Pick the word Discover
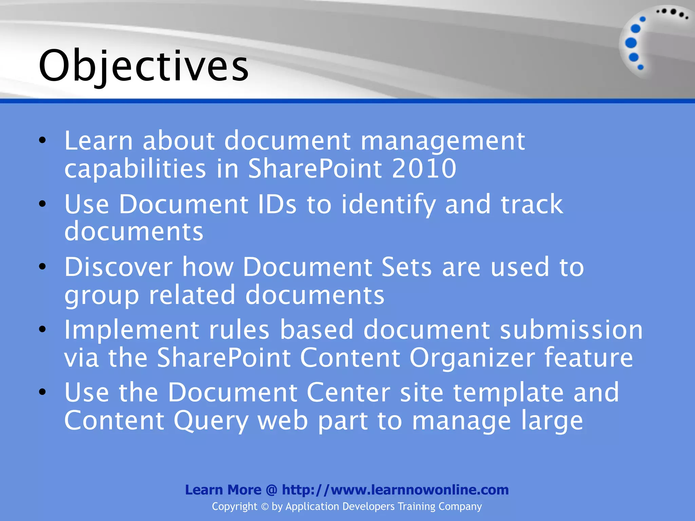click(118, 267)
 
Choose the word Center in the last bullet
click(348, 392)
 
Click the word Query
click(211, 421)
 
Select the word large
click(552, 421)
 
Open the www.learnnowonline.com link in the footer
click(395, 490)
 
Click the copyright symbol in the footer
click(265, 507)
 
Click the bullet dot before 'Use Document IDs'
click(42, 204)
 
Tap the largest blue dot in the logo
click(631, 43)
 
